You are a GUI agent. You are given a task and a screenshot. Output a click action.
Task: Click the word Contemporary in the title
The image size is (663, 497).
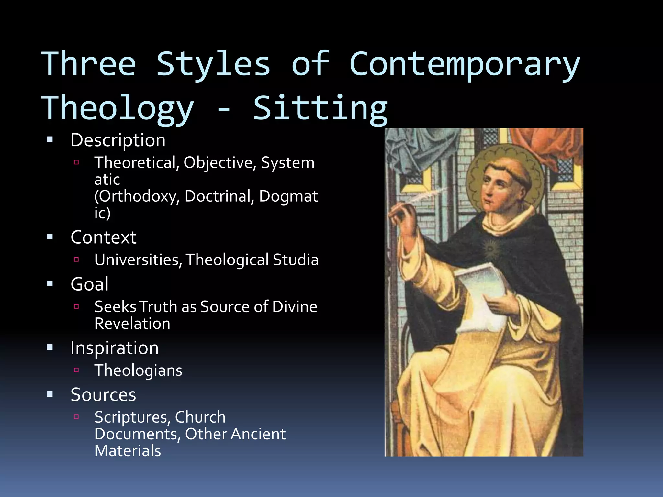(x=465, y=65)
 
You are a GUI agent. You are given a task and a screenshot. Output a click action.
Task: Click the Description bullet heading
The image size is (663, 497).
(x=118, y=140)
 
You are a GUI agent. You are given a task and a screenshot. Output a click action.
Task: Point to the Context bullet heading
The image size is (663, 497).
(x=104, y=237)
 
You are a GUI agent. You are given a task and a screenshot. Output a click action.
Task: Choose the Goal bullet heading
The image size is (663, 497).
(x=90, y=284)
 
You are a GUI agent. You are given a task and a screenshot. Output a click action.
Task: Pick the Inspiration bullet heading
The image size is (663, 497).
(x=115, y=348)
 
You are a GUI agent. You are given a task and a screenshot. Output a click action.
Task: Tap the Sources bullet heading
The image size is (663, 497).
(x=103, y=395)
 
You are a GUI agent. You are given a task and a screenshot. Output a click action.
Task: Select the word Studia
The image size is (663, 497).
(x=296, y=260)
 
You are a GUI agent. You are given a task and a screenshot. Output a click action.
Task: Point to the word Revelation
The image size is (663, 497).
(x=132, y=324)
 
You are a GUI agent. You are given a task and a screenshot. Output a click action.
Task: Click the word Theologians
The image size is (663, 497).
(x=138, y=370)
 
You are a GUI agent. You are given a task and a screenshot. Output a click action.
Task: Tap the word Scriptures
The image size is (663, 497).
(x=132, y=417)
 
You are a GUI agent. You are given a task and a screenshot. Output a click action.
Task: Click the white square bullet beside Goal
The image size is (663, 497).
(x=50, y=284)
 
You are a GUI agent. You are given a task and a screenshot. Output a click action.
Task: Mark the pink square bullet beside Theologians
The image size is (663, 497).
(x=76, y=370)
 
